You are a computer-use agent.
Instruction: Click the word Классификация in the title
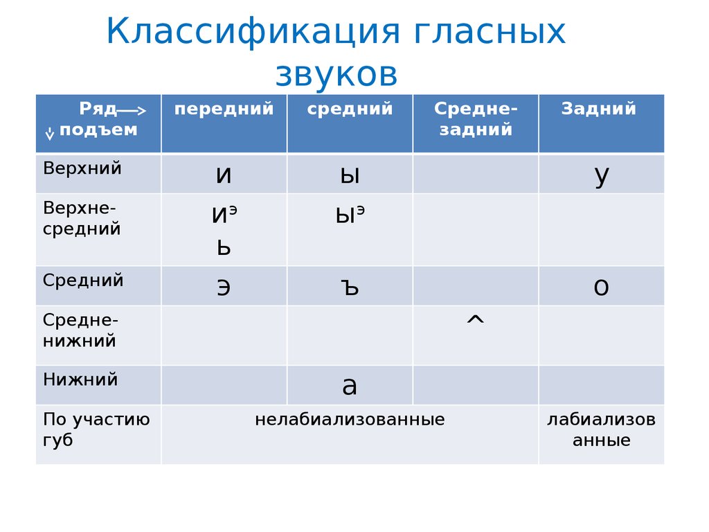253,33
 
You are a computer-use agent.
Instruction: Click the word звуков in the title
336,74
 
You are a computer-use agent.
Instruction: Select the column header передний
224,109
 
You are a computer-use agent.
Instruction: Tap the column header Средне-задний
476,119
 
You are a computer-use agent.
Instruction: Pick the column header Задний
599,109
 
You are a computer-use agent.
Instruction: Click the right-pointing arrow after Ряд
132,110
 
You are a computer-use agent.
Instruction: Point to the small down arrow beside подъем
50,134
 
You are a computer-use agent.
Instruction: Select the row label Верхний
82,169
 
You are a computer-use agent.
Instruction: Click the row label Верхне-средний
82,218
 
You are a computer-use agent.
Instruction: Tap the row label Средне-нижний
80,330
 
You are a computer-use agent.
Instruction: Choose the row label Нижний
80,380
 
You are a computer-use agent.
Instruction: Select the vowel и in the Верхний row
224,175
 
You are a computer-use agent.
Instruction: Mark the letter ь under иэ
224,247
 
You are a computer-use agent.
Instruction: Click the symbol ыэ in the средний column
350,215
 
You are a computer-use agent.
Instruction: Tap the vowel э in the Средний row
224,287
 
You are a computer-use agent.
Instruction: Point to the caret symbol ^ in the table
475,320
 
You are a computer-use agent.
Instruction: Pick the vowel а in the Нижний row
350,387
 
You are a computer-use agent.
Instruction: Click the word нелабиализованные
350,419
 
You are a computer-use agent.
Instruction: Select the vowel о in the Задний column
602,287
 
